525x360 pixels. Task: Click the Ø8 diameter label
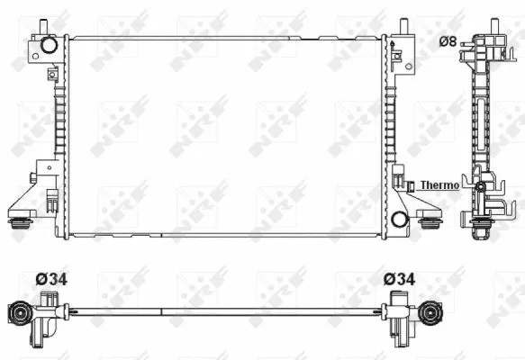pyautogui.click(x=448, y=40)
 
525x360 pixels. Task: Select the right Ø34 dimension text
pyautogui.click(x=400, y=279)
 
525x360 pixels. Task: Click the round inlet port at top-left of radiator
pyautogui.click(x=49, y=44)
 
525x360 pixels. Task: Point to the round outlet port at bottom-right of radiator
pyautogui.click(x=399, y=217)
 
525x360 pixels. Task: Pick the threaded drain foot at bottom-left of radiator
pyautogui.click(x=19, y=223)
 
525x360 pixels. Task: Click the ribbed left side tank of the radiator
pyautogui.click(x=59, y=135)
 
